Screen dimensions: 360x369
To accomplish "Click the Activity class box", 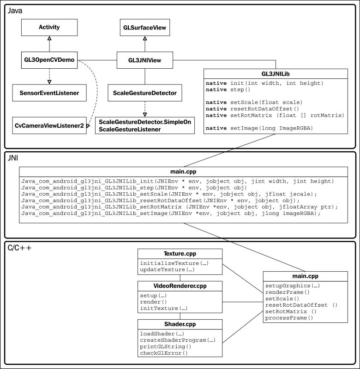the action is click(x=49, y=27).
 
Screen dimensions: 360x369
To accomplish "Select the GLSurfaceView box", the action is click(x=145, y=27).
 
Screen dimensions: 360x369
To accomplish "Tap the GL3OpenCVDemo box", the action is click(x=49, y=60).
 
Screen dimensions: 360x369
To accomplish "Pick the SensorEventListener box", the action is click(x=49, y=93).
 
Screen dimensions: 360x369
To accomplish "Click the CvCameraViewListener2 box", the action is click(x=49, y=125).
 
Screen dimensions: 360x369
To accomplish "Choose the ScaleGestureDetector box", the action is click(x=145, y=93).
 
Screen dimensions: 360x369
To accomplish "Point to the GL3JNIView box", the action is click(x=145, y=60).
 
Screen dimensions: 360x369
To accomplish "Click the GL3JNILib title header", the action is click(x=276, y=74).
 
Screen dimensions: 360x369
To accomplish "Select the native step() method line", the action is click(x=228, y=89).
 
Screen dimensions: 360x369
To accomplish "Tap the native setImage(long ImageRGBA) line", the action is click(x=259, y=128).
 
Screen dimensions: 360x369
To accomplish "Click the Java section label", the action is click(x=15, y=11).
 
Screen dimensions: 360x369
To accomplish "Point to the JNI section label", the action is click(x=13, y=158).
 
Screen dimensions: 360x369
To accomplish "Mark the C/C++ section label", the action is click(x=19, y=248).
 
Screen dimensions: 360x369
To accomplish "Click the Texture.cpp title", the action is click(x=180, y=254).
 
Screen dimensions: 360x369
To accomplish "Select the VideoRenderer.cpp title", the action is click(x=180, y=286).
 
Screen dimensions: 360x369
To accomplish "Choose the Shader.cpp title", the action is click(x=180, y=324).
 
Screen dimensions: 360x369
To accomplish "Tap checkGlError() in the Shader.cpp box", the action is click(x=164, y=353).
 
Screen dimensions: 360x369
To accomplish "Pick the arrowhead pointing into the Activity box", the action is click(x=49, y=38).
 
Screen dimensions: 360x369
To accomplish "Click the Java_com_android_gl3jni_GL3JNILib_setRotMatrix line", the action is click(x=180, y=207).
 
